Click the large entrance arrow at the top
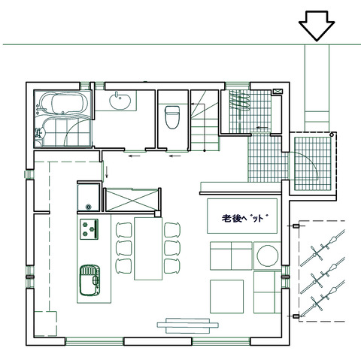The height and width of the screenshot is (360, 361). (317, 25)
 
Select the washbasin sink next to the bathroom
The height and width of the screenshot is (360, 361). (120, 101)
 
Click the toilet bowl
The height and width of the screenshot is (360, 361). (172, 117)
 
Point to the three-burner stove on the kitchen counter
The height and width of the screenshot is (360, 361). (89, 229)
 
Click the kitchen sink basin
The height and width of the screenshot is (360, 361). (89, 280)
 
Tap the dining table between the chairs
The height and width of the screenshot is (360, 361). (148, 249)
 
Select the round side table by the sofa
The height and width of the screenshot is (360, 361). (268, 256)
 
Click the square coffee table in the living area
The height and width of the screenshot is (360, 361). (226, 296)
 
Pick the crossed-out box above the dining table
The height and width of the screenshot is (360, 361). (132, 200)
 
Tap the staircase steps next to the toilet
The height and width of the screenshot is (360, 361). (205, 121)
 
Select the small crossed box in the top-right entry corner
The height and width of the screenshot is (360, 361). (278, 92)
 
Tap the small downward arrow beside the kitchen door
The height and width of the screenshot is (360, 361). (107, 172)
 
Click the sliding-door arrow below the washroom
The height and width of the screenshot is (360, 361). (135, 156)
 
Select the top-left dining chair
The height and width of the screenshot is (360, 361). (123, 230)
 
